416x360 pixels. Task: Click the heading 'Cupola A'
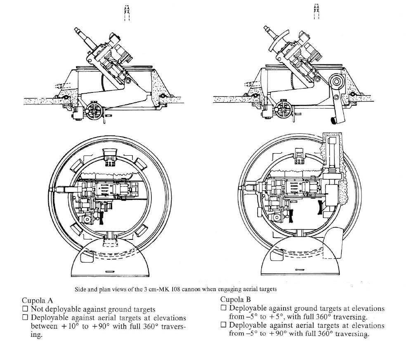point(39,301)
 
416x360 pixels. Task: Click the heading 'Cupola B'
point(236,299)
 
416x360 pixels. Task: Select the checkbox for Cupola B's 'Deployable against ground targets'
point(223,308)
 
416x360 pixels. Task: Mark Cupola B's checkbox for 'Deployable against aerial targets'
point(223,325)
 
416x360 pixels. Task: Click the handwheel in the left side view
point(95,111)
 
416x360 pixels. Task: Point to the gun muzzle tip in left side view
point(77,30)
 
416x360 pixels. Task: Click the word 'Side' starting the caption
point(80,289)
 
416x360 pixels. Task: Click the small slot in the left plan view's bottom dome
point(110,271)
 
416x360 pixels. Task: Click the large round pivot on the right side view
point(337,81)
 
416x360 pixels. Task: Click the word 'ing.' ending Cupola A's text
point(37,335)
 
